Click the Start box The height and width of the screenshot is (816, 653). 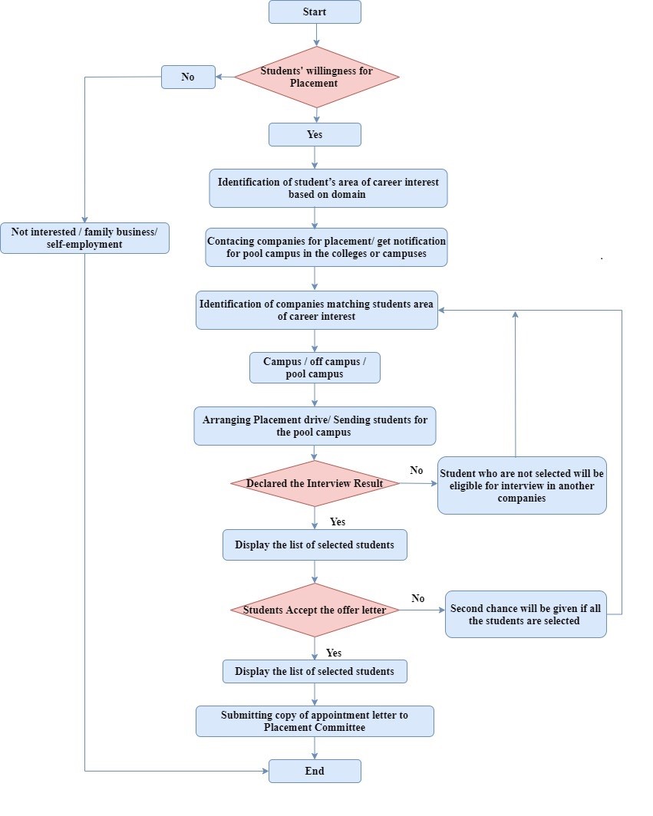315,12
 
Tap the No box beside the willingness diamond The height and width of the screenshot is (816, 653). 188,77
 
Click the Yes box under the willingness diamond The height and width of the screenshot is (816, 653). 315,134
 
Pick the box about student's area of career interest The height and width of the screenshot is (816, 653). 328,188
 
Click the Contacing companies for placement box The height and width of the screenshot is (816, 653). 326,247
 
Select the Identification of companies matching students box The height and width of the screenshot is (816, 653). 316,310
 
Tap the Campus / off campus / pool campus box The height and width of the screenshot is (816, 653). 315,367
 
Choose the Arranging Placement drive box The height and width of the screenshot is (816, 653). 315,426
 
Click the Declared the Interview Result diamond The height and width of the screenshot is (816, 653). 315,483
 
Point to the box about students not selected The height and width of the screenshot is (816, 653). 522,485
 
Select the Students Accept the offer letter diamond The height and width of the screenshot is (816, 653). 315,610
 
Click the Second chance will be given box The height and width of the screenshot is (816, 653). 526,614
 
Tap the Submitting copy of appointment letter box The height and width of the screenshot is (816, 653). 315,721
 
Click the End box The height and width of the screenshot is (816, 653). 315,771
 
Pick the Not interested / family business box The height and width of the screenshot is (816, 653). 84,238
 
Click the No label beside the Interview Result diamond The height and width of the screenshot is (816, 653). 417,470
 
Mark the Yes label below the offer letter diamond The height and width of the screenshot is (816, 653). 335,653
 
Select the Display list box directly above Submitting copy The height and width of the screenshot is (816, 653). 315,671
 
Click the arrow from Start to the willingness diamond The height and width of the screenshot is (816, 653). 315,35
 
